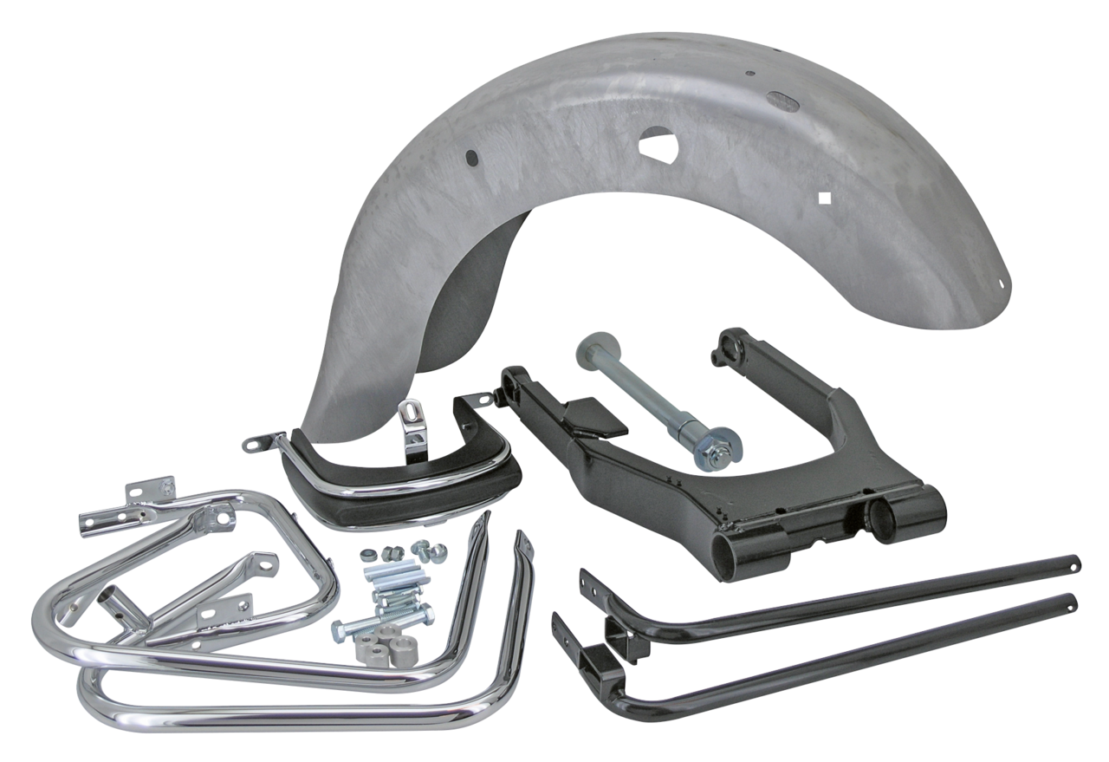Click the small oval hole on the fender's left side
(x=470, y=157)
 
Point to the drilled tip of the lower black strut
(x=1073, y=601)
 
